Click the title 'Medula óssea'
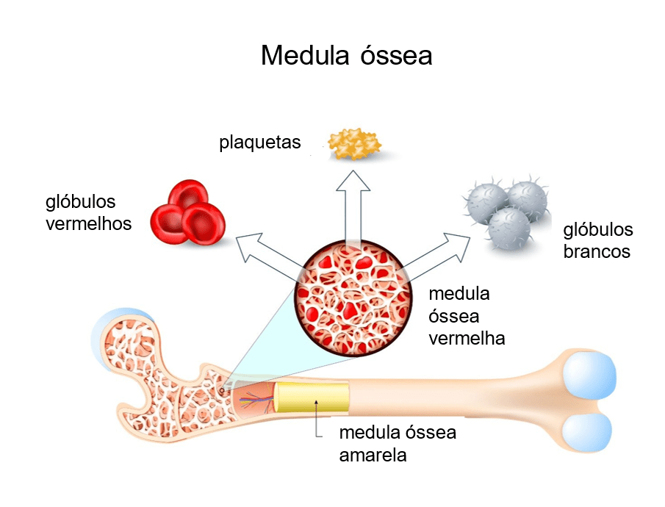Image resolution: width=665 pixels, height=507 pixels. pos(346,56)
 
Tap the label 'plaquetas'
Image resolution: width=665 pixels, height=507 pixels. pos(259,142)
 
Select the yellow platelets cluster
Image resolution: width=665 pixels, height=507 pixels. pos(354,144)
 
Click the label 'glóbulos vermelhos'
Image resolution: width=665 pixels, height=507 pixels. pos(88,212)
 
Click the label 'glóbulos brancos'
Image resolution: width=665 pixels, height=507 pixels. pos(597,240)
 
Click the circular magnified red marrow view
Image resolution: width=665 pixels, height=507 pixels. pos(353,298)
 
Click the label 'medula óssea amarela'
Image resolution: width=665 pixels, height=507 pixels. pos(397,443)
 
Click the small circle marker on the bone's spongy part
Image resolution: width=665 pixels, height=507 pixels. pos(222,389)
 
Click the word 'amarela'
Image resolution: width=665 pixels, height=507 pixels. pos(373,455)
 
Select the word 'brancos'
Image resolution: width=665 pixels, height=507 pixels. pos(597,251)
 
